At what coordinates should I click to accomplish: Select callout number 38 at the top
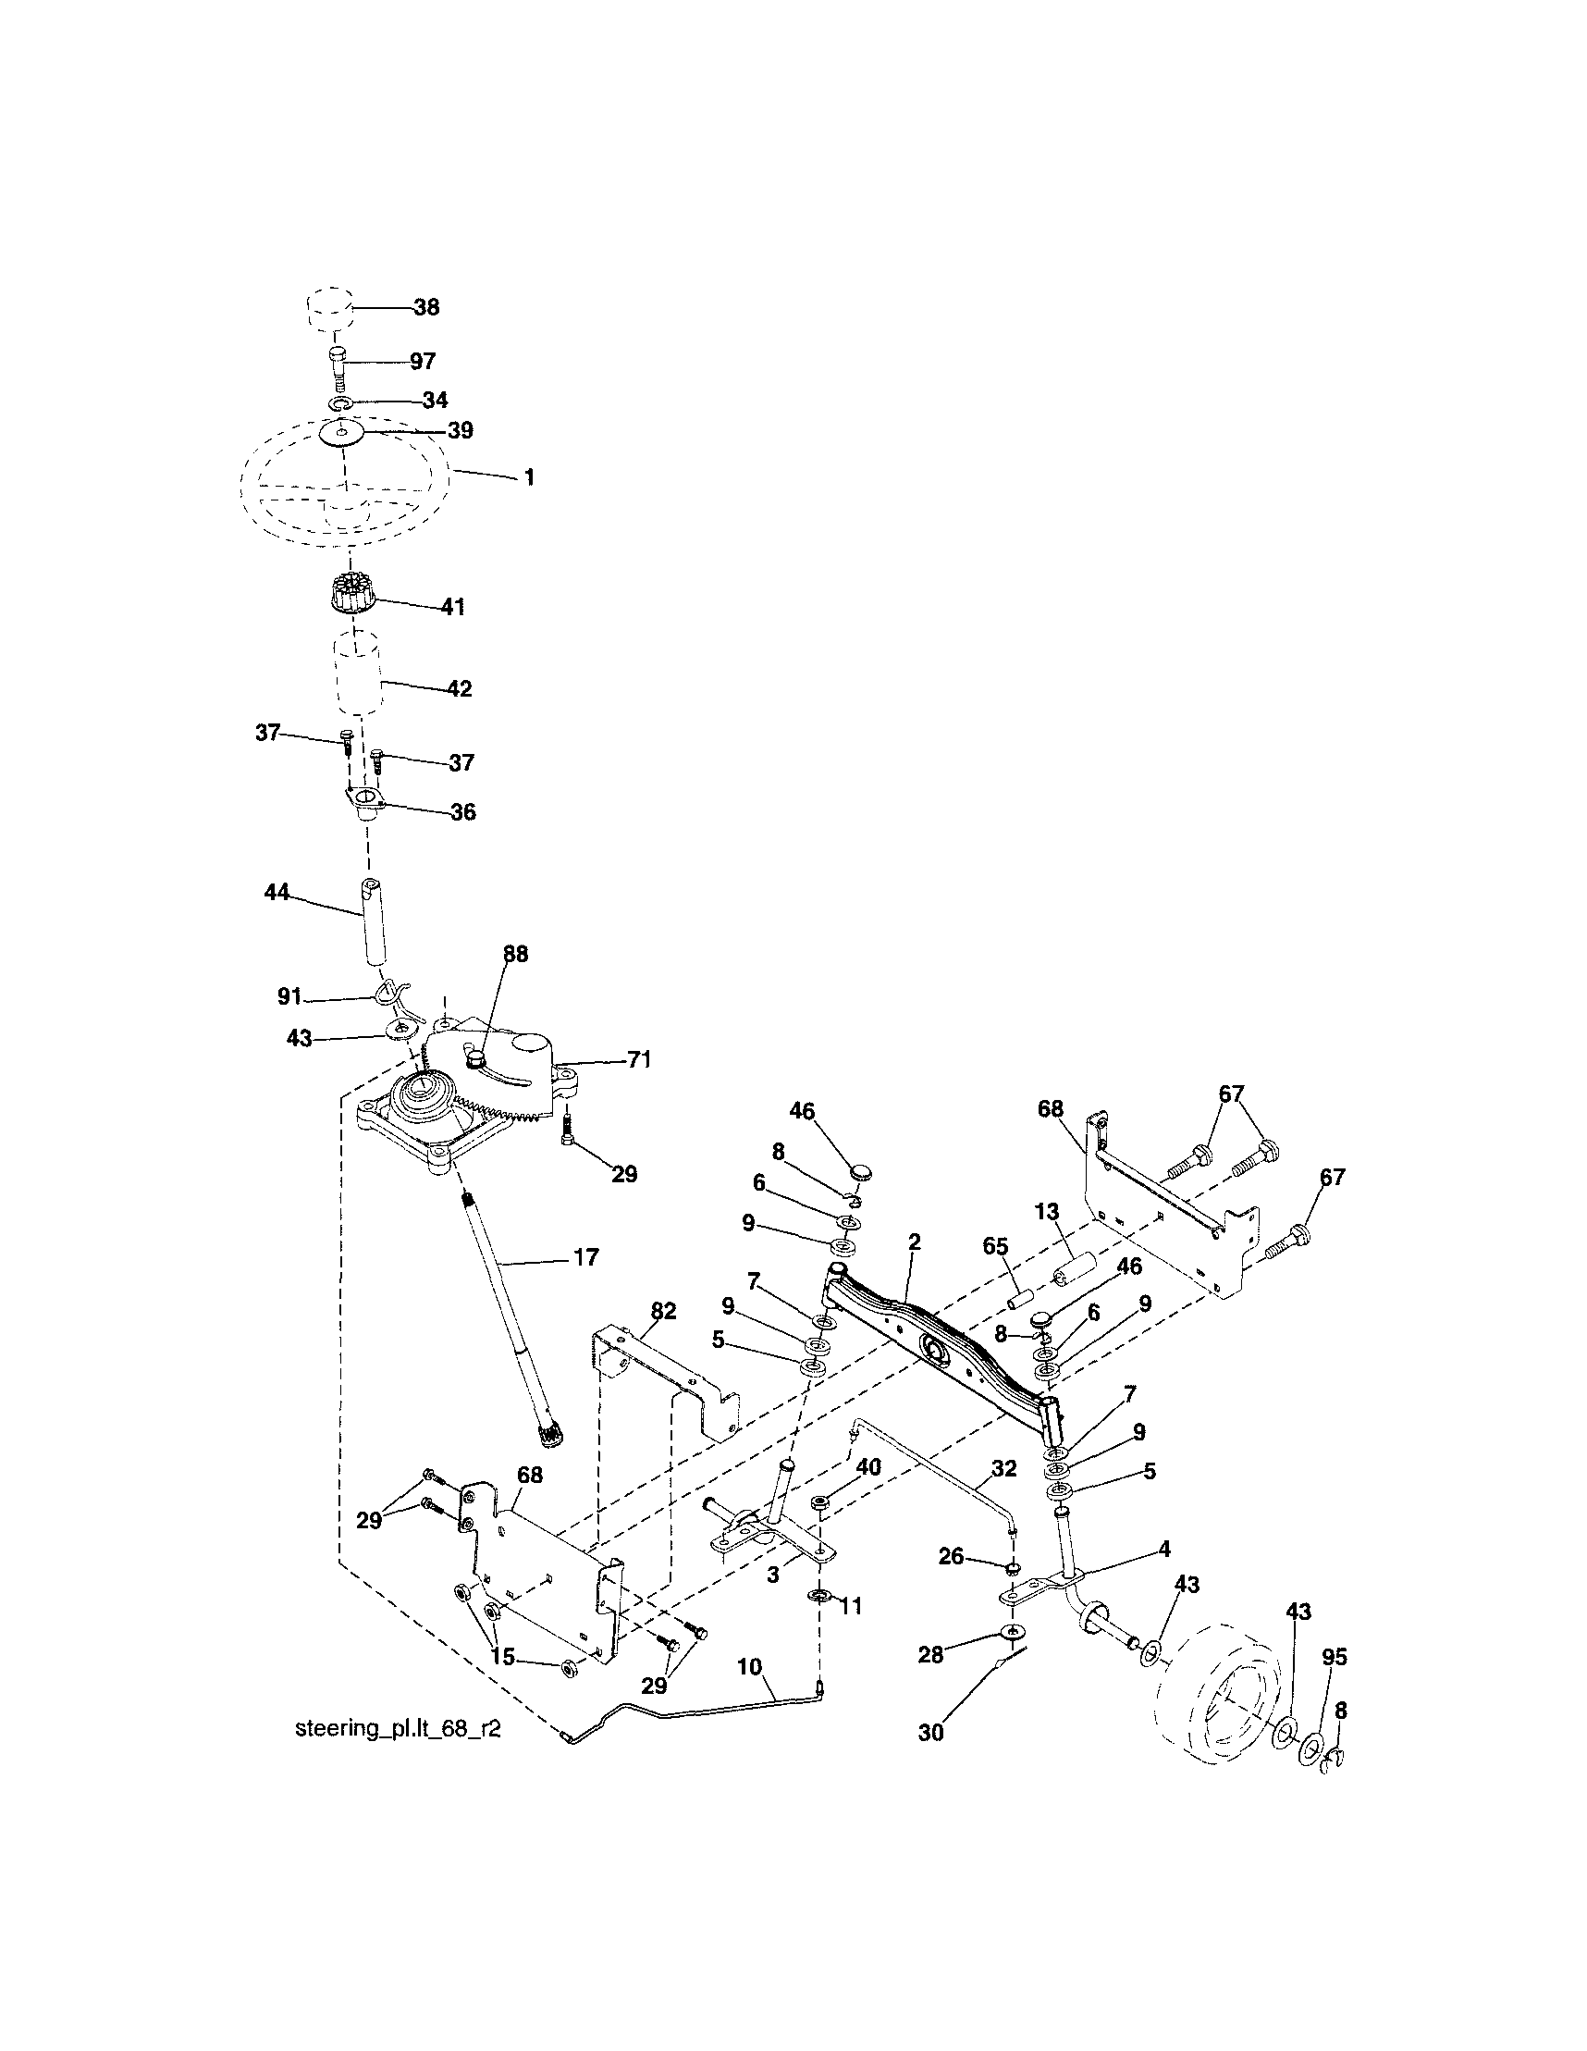[426, 307]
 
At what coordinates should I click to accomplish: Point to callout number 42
[459, 688]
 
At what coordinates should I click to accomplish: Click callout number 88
[515, 954]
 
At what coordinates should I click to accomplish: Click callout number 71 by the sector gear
[639, 1060]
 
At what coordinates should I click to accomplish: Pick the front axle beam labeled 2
[939, 1343]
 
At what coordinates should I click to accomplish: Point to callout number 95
[1334, 1658]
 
